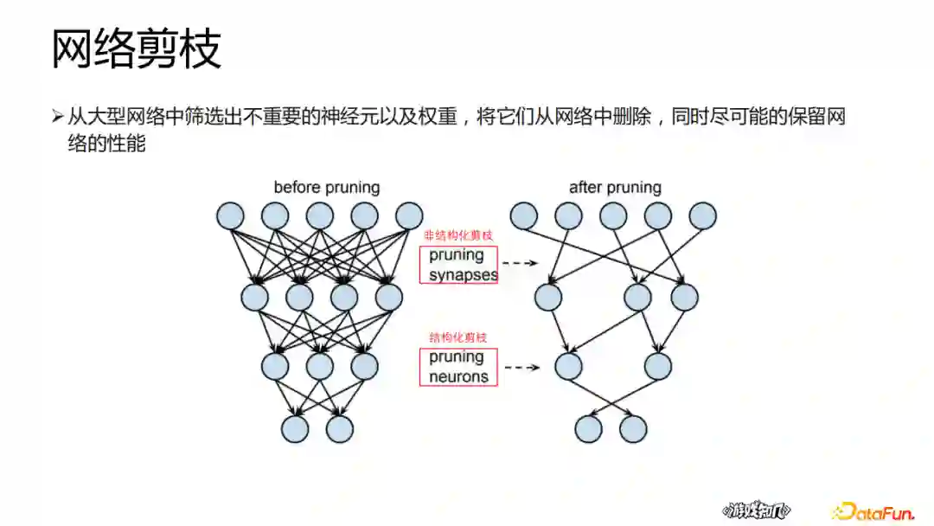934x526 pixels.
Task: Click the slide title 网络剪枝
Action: click(137, 49)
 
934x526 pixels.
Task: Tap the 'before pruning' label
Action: click(326, 188)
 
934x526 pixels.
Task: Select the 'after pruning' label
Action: click(615, 188)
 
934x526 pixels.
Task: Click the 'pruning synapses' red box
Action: click(458, 265)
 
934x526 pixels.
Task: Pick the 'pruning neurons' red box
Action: click(458, 367)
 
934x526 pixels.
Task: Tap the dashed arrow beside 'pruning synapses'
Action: click(520, 263)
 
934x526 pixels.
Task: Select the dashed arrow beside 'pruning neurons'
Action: click(520, 367)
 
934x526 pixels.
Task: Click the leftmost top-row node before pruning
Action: click(230, 215)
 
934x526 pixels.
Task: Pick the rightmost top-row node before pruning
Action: click(409, 215)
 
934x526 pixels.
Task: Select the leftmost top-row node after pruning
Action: click(523, 215)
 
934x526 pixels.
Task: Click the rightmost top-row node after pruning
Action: click(703, 215)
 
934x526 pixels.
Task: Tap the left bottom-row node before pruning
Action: click(295, 428)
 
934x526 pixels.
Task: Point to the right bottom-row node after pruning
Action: click(633, 428)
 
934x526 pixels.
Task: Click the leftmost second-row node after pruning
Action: click(548, 298)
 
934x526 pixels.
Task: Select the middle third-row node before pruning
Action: click(319, 366)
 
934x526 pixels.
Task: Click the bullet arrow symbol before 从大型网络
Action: click(58, 116)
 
